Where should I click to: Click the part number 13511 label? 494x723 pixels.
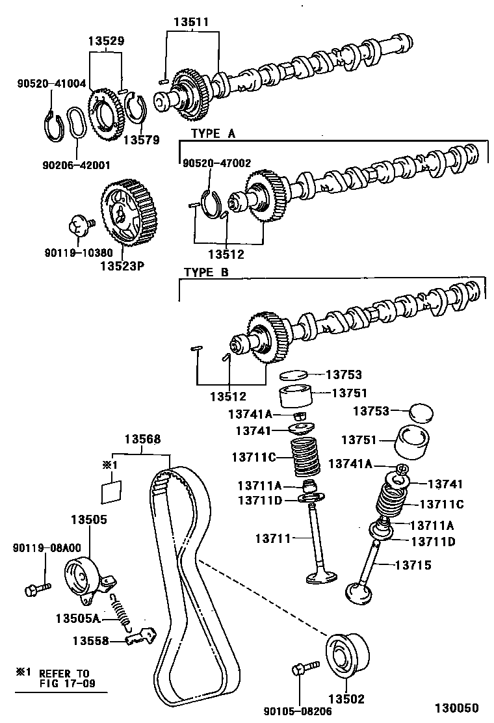coord(191,21)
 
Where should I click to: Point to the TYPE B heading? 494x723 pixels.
coord(206,272)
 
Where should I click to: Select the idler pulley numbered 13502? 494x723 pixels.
coord(346,653)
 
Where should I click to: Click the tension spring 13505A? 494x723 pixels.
coord(121,611)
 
